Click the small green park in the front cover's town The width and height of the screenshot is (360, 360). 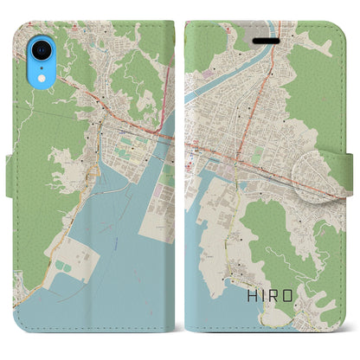[x=257, y=154]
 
